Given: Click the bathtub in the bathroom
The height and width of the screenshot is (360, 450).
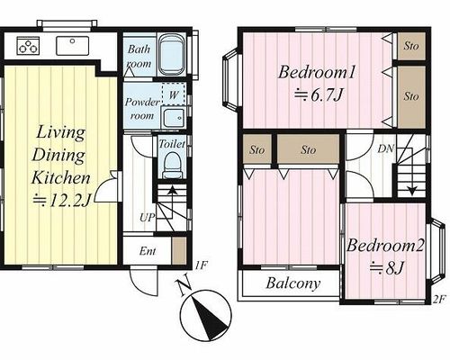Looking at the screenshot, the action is pos(172,55).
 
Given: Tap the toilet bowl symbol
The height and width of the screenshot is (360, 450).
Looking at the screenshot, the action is pos(173,166).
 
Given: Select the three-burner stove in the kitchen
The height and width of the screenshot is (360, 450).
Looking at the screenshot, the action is pos(28,46).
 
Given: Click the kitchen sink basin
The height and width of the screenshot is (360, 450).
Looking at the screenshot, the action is pos(73,46).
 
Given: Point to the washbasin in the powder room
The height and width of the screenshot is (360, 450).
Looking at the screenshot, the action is pos(174,118).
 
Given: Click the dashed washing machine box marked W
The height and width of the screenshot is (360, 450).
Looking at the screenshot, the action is pos(174,94).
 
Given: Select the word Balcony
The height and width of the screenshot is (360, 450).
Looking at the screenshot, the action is pos(293,283).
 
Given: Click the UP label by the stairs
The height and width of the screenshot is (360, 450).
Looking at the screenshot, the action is pos(147,217).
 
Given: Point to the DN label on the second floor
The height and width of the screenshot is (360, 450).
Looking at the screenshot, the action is pos(385,148).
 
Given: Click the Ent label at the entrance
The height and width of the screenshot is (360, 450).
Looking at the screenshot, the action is pos(148,251).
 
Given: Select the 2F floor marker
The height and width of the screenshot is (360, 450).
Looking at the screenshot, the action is pos(439,300).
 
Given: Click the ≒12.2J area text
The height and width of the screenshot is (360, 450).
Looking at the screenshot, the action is pos(61,201).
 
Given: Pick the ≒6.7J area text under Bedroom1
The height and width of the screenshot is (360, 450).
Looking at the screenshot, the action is pos(318,95).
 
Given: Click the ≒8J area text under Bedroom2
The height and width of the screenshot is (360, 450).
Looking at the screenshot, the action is pos(387,268).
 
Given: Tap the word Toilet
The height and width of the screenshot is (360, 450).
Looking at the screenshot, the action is pos(172,144).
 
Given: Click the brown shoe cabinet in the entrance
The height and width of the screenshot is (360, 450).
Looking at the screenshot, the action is pos(179,251).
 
